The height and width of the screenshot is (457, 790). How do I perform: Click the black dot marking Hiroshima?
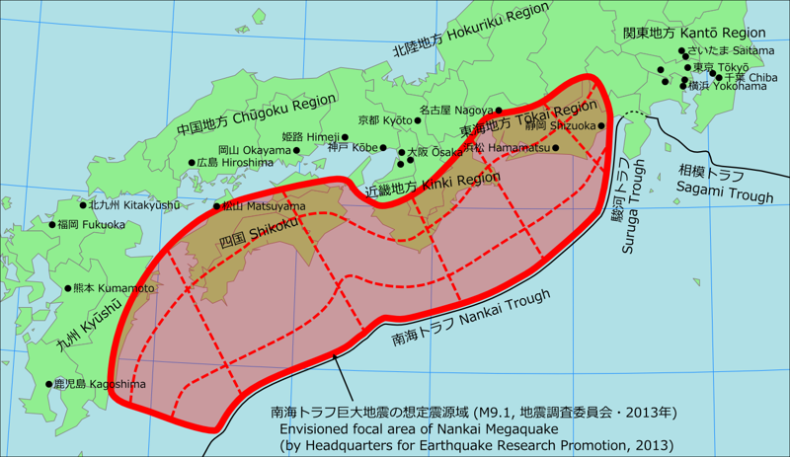tap(193, 163)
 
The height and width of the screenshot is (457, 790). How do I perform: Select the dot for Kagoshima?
tap(48, 384)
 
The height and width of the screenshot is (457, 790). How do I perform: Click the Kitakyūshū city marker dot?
tap(84, 205)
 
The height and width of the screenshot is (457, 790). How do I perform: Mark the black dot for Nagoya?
tap(500, 111)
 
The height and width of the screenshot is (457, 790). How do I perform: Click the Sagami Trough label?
tap(725, 187)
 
